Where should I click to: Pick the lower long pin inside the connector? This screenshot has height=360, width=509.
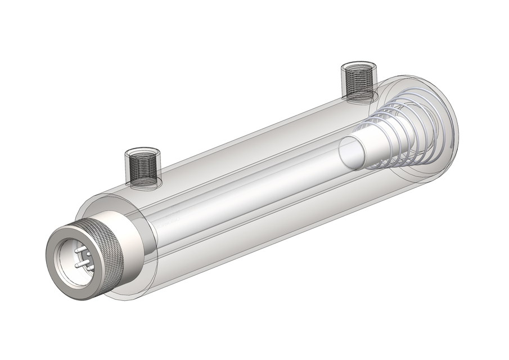pyautogui.click(x=81, y=264)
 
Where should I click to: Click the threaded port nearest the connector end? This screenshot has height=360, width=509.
pyautogui.click(x=142, y=167)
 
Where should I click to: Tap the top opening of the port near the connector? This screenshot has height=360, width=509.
pyautogui.click(x=142, y=153)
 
